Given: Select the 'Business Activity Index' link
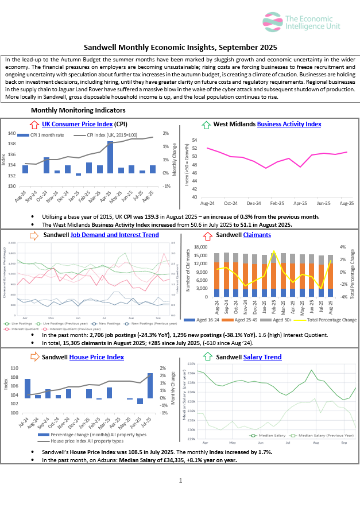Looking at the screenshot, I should pyautogui.click(x=289, y=124).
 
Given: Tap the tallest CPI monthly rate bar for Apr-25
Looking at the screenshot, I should pyautogui.click(x=110, y=157).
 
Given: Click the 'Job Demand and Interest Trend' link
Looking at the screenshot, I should pyautogui.click(x=114, y=235).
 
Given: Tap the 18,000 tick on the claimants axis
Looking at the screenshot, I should pyautogui.click(x=199, y=247).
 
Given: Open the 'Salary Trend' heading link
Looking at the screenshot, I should pyautogui.click(x=262, y=357).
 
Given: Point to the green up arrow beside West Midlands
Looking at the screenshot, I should pyautogui.click(x=206, y=124).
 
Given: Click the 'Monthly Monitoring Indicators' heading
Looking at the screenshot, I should pyautogui.click(x=78, y=110).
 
